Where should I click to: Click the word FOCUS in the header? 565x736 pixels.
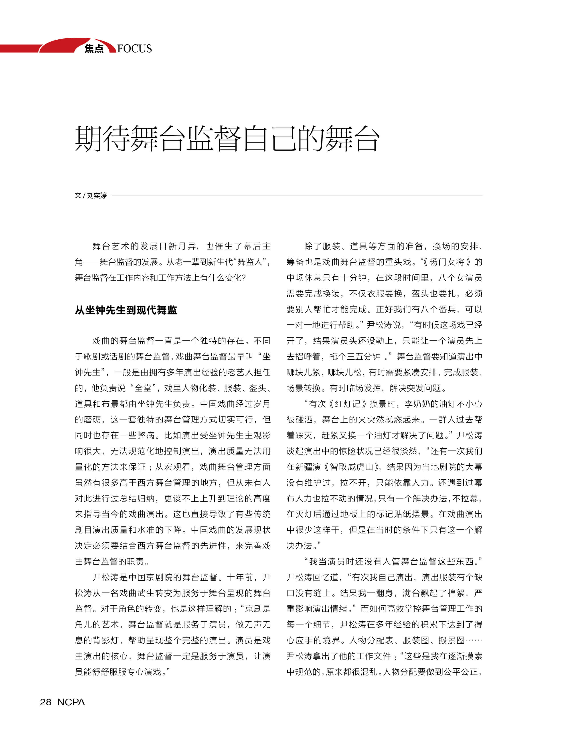pyautogui.click(x=135, y=49)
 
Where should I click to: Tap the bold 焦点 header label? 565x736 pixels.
pyautogui.click(x=94, y=49)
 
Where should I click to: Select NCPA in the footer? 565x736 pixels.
pyautogui.click(x=71, y=702)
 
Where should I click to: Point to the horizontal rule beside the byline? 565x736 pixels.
pyautogui.click(x=296, y=195)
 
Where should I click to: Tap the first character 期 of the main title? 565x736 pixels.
pyautogui.click(x=88, y=138)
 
